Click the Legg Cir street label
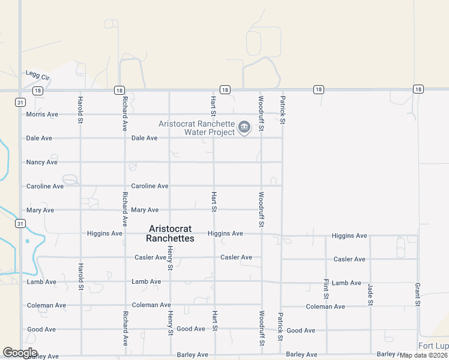click(37, 75)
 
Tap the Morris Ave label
click(42, 114)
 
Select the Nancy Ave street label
click(42, 162)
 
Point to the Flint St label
click(327, 289)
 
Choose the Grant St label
click(417, 292)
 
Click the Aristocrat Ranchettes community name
click(170, 233)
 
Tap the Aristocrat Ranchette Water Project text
click(196, 128)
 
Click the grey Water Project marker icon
click(244, 127)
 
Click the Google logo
click(20, 353)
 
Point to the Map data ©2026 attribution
click(423, 355)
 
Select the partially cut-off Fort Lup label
click(433, 346)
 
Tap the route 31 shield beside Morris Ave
click(20, 103)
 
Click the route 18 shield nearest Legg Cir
click(38, 91)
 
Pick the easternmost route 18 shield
click(418, 89)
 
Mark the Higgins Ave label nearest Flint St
click(349, 236)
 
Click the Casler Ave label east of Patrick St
click(349, 259)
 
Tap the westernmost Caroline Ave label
click(45, 186)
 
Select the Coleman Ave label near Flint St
click(325, 307)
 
